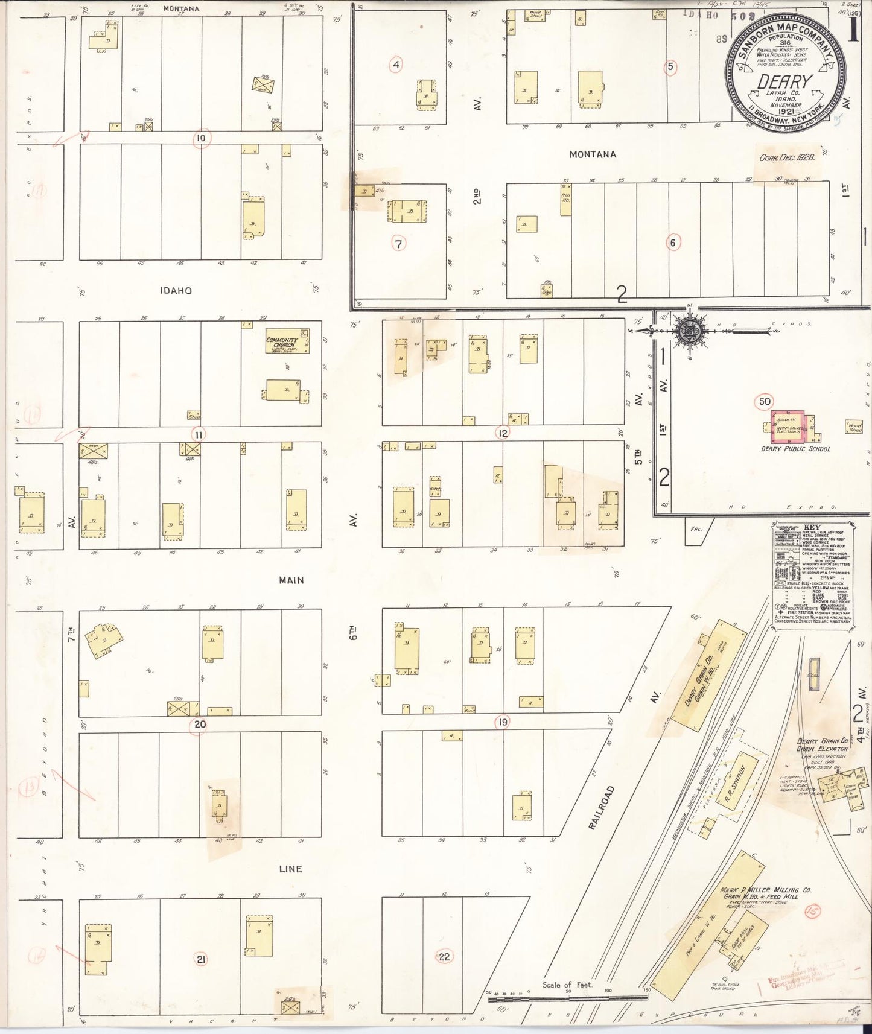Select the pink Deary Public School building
click(x=791, y=427)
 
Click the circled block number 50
click(x=764, y=401)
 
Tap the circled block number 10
click(x=201, y=139)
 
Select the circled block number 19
click(x=502, y=722)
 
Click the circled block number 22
click(x=444, y=956)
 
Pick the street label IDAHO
click(x=176, y=290)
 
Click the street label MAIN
click(x=291, y=580)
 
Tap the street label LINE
click(x=290, y=869)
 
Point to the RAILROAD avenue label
click(x=600, y=807)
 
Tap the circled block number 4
click(x=396, y=65)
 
